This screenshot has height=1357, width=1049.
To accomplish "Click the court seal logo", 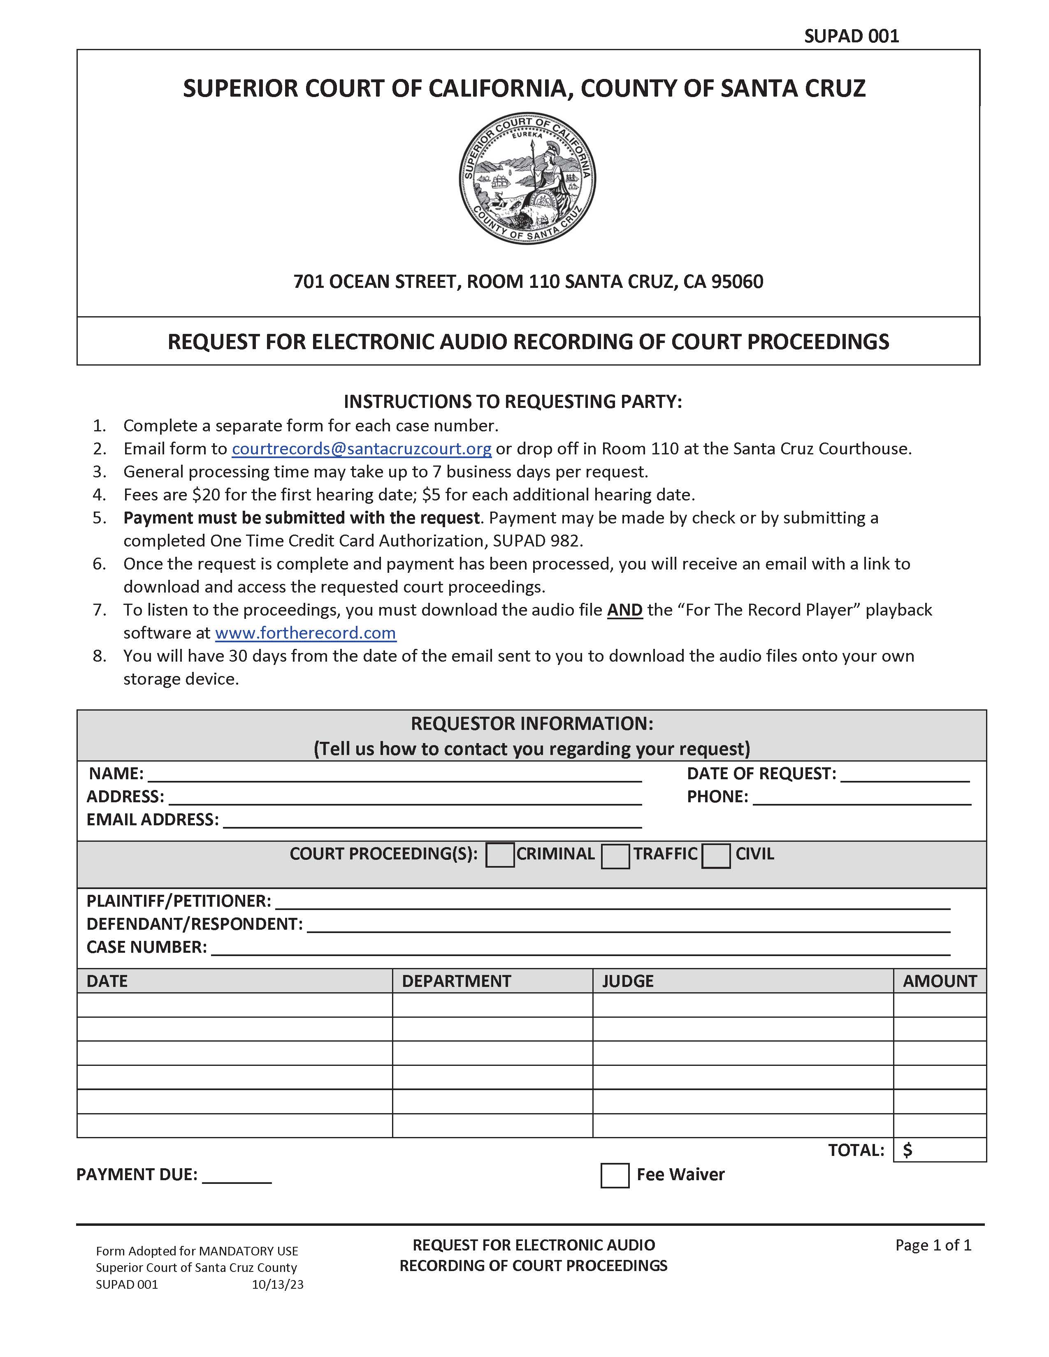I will tap(527, 178).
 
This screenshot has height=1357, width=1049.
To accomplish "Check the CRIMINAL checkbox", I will tap(500, 855).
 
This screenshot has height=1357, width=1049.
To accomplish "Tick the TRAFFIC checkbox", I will tap(615, 856).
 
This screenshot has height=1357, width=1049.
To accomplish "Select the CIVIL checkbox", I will tap(715, 856).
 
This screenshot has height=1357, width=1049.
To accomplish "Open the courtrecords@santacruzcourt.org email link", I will tap(361, 449).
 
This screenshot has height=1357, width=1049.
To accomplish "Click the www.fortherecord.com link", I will tap(305, 633).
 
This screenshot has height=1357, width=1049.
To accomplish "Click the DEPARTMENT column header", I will tap(456, 981).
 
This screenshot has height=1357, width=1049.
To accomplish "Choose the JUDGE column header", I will tap(628, 981).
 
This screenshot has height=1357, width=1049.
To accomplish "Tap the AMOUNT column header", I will tap(939, 981).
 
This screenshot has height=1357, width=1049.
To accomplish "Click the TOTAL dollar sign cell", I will tap(939, 1150).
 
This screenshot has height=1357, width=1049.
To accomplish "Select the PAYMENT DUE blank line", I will tap(237, 1176).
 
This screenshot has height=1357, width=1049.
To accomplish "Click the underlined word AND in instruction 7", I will tap(624, 610).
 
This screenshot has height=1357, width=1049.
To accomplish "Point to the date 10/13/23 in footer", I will tap(277, 1284).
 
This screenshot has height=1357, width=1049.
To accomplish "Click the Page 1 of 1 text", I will tap(933, 1245).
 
